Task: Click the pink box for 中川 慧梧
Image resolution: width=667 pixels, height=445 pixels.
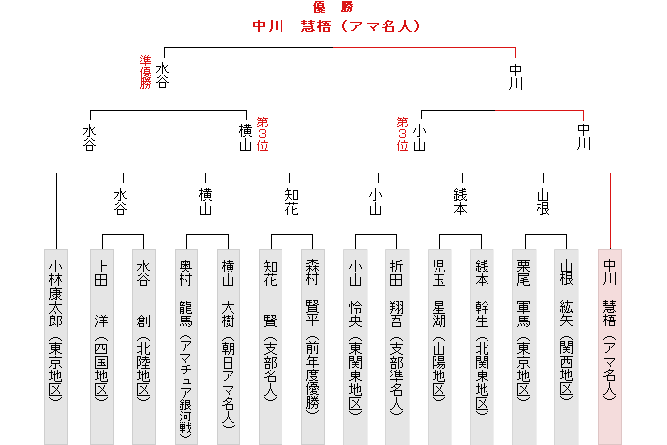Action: tap(610, 347)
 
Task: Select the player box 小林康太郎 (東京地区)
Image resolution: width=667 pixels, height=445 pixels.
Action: tap(56, 347)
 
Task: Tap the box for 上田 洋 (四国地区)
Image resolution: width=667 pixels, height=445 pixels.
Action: tap(102, 347)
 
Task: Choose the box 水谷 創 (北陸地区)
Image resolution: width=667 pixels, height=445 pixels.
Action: tap(144, 347)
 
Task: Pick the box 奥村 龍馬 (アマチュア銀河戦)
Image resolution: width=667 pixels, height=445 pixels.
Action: tap(186, 347)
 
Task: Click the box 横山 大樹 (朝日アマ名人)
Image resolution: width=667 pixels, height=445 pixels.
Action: tap(229, 347)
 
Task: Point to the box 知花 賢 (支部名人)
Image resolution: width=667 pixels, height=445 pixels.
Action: tap(271, 347)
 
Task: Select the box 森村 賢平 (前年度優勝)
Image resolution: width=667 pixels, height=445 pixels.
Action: tap(313, 347)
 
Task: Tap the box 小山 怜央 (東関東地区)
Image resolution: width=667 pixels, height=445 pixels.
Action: tap(355, 347)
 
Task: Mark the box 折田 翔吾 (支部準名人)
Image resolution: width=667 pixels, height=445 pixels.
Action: tap(397, 347)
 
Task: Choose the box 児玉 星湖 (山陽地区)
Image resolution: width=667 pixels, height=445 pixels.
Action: tap(439, 347)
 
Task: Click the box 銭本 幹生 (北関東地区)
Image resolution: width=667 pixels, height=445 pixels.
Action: tap(482, 347)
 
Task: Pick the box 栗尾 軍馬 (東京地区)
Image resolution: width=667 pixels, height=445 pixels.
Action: tap(524, 347)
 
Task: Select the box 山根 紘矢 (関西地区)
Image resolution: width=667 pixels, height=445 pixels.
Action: tap(566, 347)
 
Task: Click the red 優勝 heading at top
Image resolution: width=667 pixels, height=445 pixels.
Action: tap(333, 7)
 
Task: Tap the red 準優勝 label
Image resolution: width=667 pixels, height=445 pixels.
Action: tap(145, 72)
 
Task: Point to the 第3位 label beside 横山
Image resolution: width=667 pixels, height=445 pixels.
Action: tap(263, 134)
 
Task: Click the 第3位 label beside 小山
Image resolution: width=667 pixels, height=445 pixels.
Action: tap(402, 134)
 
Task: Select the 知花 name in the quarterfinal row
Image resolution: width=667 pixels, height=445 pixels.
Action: tap(292, 202)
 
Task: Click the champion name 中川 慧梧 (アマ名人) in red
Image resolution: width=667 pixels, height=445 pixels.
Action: tap(336, 25)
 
